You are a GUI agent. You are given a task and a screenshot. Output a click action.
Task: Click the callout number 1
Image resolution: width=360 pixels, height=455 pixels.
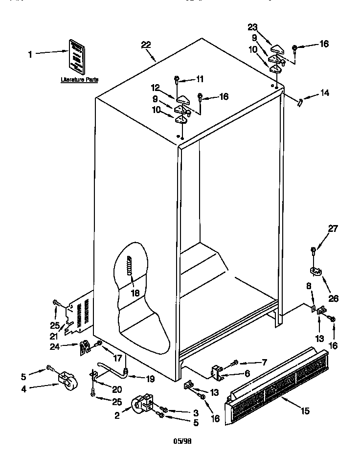[x=30, y=55]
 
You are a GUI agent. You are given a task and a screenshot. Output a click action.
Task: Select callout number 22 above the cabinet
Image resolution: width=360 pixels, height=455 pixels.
[x=146, y=45]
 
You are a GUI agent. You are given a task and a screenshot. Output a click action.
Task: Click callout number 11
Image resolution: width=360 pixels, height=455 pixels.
[x=200, y=78]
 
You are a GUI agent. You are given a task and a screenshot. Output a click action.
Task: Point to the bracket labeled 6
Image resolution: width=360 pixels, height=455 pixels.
[x=217, y=373]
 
